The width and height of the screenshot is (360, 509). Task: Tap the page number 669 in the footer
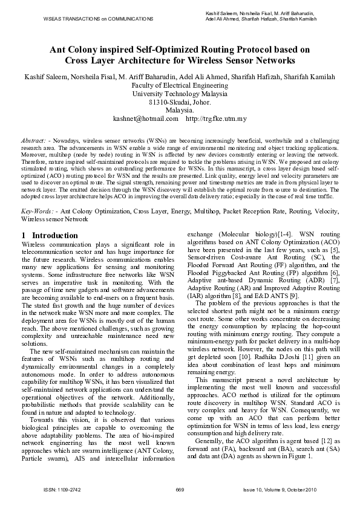[180, 488]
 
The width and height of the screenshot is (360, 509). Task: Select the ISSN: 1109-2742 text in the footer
[58, 488]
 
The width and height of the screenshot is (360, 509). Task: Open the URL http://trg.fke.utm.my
[216, 119]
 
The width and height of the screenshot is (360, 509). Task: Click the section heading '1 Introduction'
[49, 235]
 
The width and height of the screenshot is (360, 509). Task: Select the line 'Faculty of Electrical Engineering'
[180, 86]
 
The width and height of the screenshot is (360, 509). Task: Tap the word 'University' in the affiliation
[151, 94]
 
